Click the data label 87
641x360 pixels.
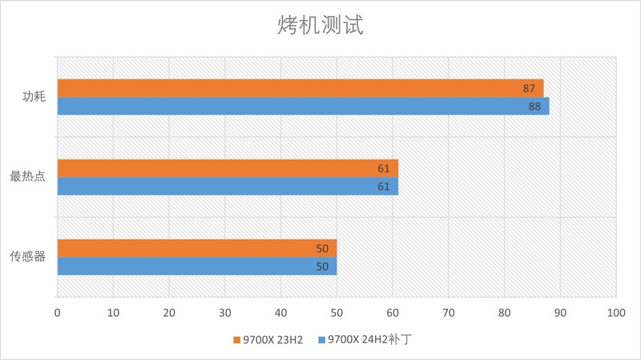pyautogui.click(x=529, y=88)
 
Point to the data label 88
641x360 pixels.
pyautogui.click(x=534, y=106)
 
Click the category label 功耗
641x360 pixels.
pyautogui.click(x=34, y=97)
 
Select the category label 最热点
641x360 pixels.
pyautogui.click(x=27, y=177)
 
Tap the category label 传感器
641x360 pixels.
pyautogui.click(x=27, y=257)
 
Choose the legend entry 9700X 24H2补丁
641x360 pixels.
pyautogui.click(x=370, y=340)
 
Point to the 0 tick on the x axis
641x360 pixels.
pyautogui.click(x=57, y=312)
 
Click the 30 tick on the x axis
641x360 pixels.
pyautogui.click(x=224, y=312)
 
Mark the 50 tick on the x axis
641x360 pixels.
pyautogui.click(x=337, y=312)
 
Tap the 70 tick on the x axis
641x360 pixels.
pyautogui.click(x=448, y=312)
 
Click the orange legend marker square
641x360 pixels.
pyautogui.click(x=237, y=340)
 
